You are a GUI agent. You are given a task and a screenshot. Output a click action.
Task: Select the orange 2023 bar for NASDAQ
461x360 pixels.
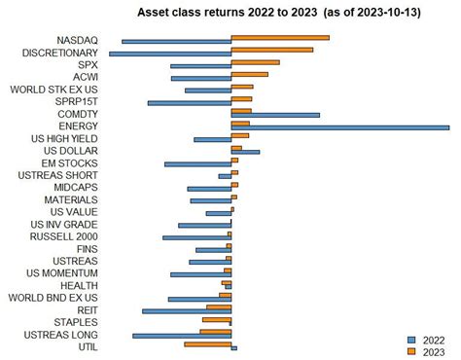coord(280,38)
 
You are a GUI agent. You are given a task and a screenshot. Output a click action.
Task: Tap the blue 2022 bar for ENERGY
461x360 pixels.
coord(339,127)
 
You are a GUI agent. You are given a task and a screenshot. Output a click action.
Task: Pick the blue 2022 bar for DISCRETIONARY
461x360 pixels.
coord(170,54)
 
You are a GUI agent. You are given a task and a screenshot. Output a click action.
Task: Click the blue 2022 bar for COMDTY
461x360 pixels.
coord(275,115)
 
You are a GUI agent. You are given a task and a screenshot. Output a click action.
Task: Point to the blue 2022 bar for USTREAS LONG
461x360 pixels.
coord(182,336)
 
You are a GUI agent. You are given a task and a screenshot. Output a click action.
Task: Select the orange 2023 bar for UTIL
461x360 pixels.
coord(208,343)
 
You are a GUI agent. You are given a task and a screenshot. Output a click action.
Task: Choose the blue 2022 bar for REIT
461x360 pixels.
coord(187,311)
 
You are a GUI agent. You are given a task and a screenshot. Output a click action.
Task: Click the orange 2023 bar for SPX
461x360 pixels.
coord(255,62)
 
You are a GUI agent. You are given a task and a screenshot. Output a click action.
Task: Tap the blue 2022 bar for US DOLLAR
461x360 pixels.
coord(245,152)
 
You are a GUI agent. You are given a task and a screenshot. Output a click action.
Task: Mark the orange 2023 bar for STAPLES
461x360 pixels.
coord(217,319)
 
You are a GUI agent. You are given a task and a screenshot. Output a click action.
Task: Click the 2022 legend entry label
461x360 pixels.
coord(434,340)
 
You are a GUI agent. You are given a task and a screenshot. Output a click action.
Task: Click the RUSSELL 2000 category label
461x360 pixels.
coord(64,235)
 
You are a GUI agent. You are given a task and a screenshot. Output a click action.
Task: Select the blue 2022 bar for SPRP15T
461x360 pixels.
coord(190,102)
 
